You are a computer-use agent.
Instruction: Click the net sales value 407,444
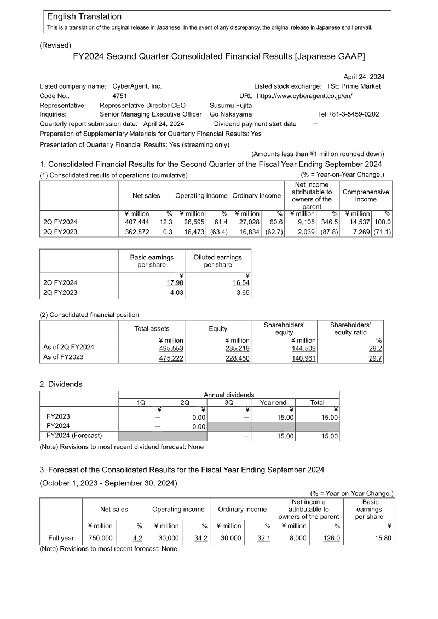(137, 222)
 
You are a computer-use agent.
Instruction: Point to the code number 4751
(119, 96)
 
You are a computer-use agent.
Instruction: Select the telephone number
(348, 114)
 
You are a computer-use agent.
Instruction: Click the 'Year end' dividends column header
(273, 402)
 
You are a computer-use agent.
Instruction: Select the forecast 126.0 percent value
(331, 538)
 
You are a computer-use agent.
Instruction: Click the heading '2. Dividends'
(61, 384)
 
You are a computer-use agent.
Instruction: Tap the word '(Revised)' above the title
(55, 45)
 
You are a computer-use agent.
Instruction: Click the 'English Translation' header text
(84, 17)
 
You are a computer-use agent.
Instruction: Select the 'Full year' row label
(61, 538)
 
